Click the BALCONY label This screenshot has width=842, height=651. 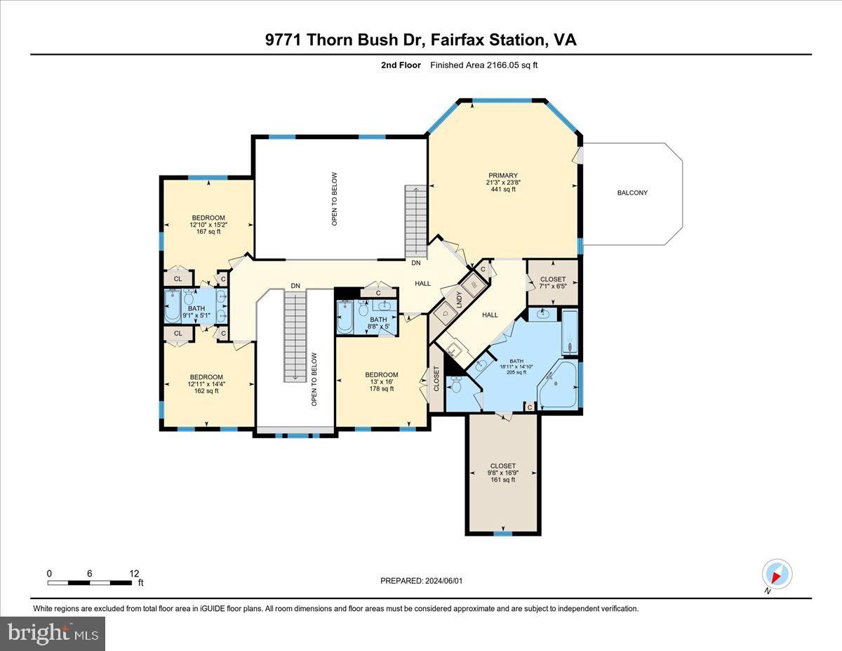[632, 192]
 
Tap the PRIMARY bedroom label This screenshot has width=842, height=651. [503, 176]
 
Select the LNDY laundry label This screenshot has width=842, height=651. [460, 299]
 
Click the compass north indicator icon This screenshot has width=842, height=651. [777, 574]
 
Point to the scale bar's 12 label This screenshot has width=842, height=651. [134, 574]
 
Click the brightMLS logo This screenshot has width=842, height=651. [53, 634]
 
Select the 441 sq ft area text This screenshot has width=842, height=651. [503, 189]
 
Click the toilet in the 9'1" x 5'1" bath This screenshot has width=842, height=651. [189, 298]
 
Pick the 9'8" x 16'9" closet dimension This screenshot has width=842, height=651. [503, 473]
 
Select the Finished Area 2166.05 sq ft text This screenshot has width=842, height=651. [483, 65]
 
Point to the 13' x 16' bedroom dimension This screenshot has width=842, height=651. [381, 381]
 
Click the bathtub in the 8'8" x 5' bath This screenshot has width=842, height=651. [345, 317]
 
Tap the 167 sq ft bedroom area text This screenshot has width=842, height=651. [208, 232]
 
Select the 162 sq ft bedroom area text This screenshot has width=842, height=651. [206, 391]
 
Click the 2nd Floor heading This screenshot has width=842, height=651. [401, 65]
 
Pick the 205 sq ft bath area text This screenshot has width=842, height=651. [516, 372]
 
